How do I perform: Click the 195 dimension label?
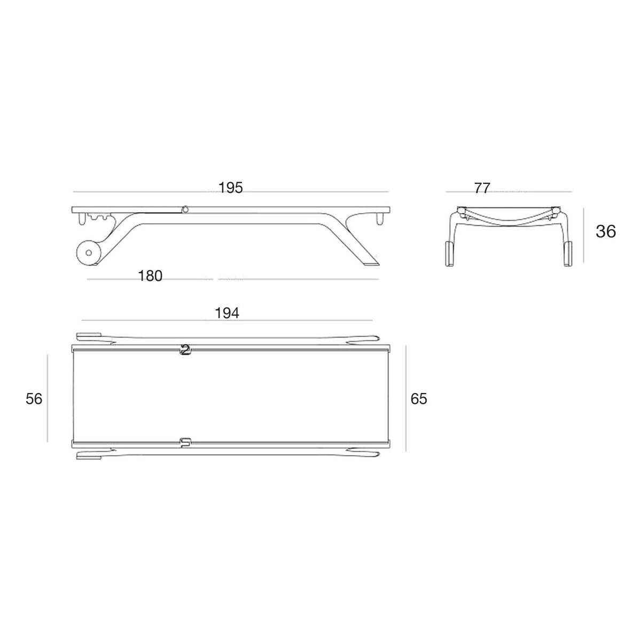tap(230, 188)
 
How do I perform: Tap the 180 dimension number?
tap(150, 276)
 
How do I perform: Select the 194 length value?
tap(227, 313)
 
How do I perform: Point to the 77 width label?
tap(482, 188)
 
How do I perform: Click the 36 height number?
tap(606, 231)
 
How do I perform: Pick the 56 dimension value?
tap(34, 399)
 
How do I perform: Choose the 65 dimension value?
tap(418, 398)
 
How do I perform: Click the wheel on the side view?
tap(89, 253)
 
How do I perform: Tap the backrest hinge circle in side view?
tap(185, 209)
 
